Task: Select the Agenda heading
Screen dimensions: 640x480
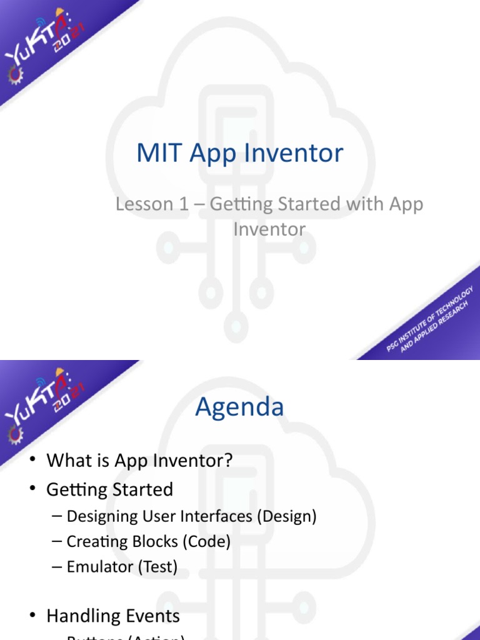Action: pyautogui.click(x=239, y=407)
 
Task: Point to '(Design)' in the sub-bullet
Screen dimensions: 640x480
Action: pyautogui.click(x=289, y=516)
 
